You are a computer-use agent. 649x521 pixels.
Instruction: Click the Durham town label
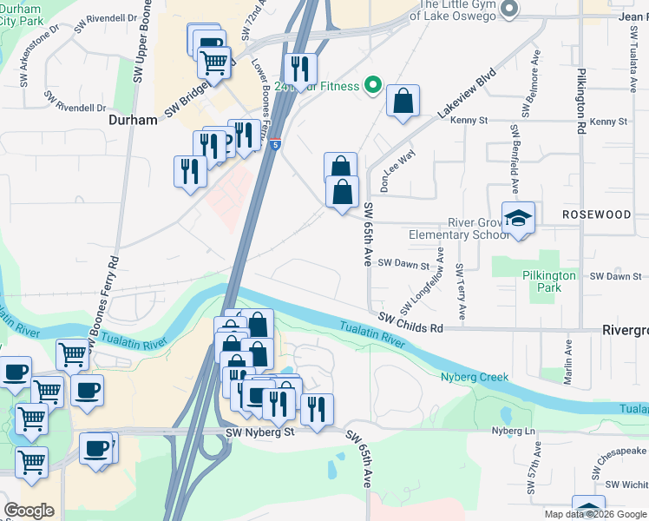(x=133, y=121)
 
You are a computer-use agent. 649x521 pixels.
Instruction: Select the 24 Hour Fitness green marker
(x=373, y=85)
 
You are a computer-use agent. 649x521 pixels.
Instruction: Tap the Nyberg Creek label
(x=475, y=378)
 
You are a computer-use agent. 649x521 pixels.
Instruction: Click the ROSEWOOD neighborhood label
(x=596, y=214)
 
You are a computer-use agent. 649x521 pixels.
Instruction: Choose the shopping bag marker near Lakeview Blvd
(x=403, y=102)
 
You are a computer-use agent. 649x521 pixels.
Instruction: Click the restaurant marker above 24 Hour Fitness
(x=299, y=68)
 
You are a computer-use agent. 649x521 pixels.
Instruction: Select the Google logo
(x=29, y=511)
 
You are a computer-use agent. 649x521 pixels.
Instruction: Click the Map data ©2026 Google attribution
(x=595, y=514)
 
